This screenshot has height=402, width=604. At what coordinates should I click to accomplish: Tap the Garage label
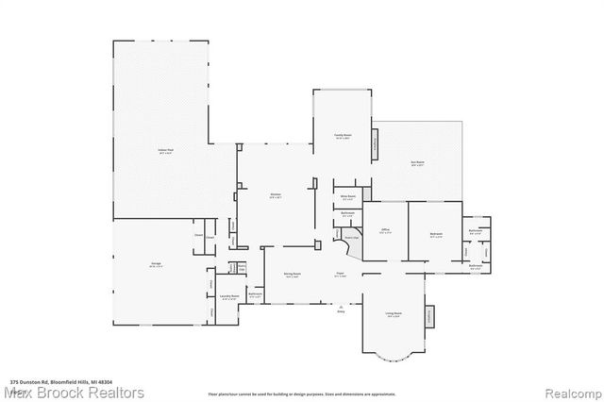[158, 266]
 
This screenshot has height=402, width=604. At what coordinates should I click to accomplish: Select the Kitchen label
[276, 195]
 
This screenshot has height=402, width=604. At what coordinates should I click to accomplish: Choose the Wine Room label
[346, 197]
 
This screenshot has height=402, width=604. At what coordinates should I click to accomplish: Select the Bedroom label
[436, 236]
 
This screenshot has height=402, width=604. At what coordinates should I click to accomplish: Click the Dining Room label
[292, 275]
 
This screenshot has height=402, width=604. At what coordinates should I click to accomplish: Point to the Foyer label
[339, 274]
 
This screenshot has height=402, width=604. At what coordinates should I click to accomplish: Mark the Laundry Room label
[227, 296]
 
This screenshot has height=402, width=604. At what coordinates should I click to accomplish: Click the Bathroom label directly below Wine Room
[346, 214]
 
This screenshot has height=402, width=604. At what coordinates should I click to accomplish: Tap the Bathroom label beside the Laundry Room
[254, 294]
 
